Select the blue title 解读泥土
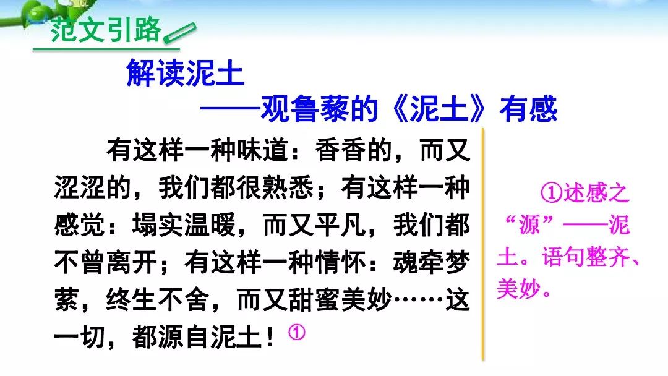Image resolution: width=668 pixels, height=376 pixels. (185, 73)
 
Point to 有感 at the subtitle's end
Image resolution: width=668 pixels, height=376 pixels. (528, 109)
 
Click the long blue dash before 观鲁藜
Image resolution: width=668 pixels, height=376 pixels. (230, 109)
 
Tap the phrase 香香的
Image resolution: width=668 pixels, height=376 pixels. (354, 150)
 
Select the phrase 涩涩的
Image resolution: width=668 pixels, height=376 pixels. (92, 188)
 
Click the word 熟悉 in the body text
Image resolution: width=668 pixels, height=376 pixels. (288, 188)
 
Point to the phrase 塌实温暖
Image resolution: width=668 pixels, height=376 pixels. (184, 225)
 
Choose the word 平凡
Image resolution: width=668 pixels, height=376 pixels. (340, 225)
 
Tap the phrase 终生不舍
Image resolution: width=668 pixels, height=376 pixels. (158, 300)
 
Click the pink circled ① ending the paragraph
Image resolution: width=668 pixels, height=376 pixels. (296, 332)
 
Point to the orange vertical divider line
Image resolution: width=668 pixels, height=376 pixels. (483, 245)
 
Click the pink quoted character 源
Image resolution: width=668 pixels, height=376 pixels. (529, 225)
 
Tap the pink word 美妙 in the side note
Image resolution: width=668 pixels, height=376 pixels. (519, 289)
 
